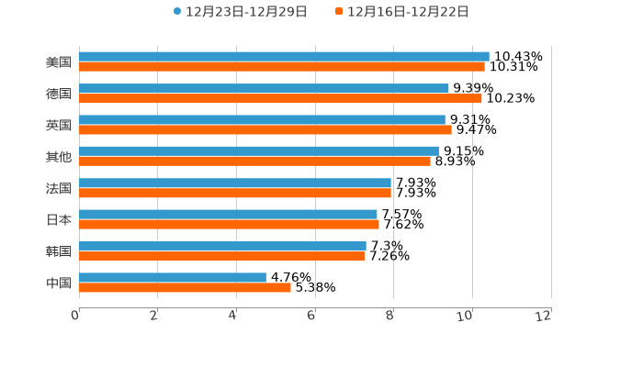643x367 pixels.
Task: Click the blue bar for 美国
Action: pyautogui.click(x=284, y=56)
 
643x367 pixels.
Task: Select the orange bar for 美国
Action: pyautogui.click(x=282, y=66)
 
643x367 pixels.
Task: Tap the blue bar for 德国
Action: pyautogui.click(x=264, y=88)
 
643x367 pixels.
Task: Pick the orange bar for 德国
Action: pyautogui.click(x=280, y=98)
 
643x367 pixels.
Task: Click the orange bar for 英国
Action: pyautogui.click(x=265, y=129)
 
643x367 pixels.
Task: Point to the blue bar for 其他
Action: pyautogui.click(x=259, y=150)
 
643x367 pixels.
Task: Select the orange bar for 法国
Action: pyautogui.click(x=235, y=193)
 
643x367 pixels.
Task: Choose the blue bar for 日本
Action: pyautogui.click(x=228, y=214)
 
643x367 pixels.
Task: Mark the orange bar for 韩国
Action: pyautogui.click(x=221, y=256)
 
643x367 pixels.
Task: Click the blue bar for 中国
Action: pyautogui.click(x=173, y=277)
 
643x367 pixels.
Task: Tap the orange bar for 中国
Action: pyautogui.click(x=185, y=287)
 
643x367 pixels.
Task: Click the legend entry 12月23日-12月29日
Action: pyautogui.click(x=241, y=12)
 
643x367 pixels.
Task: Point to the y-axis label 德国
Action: pyautogui.click(x=59, y=94)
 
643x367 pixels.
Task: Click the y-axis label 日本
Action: pyautogui.click(x=59, y=219)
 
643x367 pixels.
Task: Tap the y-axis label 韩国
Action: pyautogui.click(x=59, y=250)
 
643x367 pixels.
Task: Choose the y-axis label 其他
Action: pyautogui.click(x=59, y=156)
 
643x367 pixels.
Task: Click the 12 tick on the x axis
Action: pyautogui.click(x=545, y=316)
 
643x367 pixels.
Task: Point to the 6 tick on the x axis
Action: pyautogui.click(x=311, y=316)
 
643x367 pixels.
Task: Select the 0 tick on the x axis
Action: pyautogui.click(x=75, y=316)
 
